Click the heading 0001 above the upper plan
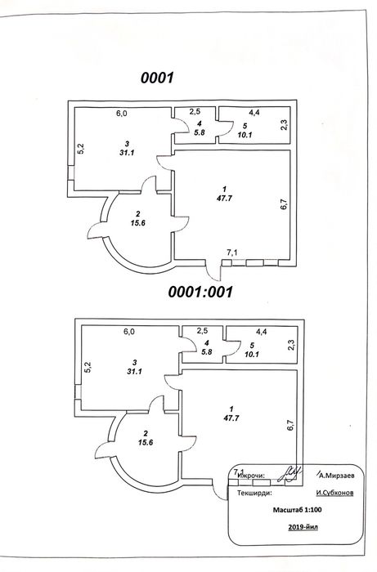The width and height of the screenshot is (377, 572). tap(157, 78)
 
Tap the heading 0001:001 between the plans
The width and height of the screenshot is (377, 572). tap(200, 292)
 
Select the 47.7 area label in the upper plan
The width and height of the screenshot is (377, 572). tap(224, 199)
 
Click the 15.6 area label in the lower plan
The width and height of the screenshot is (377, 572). tap(146, 443)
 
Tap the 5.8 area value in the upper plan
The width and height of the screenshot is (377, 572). tap(200, 132)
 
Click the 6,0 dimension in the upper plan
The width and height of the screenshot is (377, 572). tap(122, 114)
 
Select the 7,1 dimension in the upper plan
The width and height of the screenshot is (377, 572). tap(232, 252)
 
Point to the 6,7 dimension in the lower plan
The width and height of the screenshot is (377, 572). tap(291, 426)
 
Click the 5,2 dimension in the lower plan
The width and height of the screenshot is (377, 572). tap(88, 368)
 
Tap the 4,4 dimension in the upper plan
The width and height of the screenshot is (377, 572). tap(254, 113)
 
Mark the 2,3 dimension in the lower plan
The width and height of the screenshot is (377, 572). tap(292, 345)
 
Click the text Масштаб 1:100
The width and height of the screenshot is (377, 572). tap(298, 510)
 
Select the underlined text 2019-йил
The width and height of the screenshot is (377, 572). tap(303, 527)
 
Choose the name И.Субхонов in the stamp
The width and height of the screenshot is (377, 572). tap(334, 494)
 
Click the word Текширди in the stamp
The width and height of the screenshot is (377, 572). tap(254, 494)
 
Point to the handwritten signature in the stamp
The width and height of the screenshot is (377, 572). tap(289, 473)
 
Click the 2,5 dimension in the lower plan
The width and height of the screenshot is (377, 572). tap(202, 331)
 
